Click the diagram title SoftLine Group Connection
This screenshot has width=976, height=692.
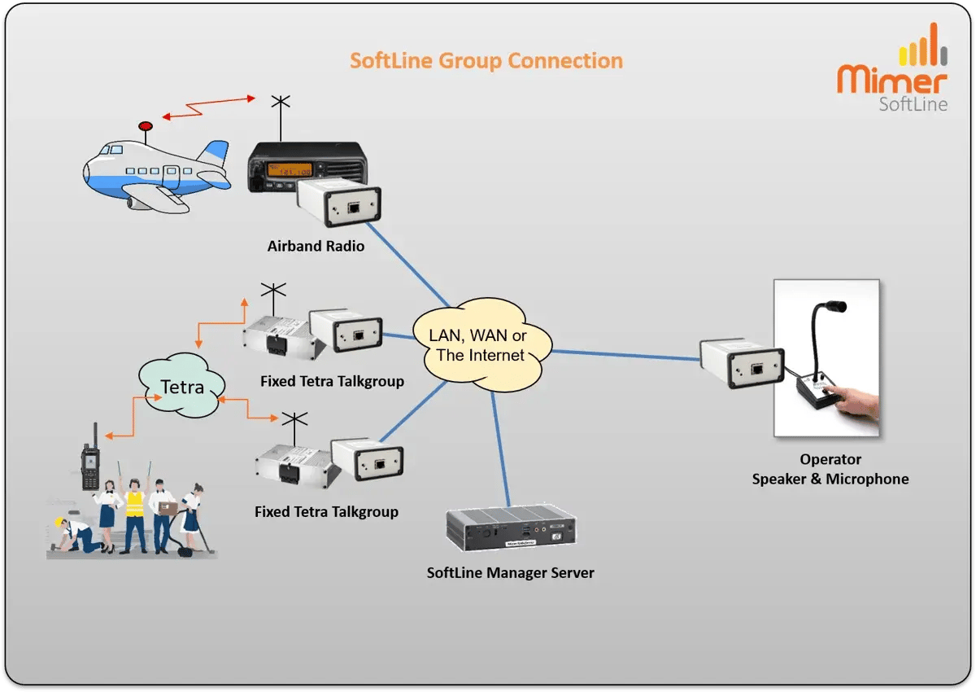(x=486, y=61)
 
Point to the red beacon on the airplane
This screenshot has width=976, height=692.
(x=146, y=127)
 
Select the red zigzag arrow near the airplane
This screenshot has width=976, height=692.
(x=208, y=107)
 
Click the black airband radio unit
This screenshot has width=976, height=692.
(x=305, y=166)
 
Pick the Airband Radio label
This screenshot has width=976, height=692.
(x=316, y=245)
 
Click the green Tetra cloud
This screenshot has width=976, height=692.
(x=181, y=387)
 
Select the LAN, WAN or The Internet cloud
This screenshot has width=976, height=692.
(x=481, y=345)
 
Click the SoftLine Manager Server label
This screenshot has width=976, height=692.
(x=510, y=572)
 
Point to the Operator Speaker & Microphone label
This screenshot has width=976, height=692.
(x=830, y=470)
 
